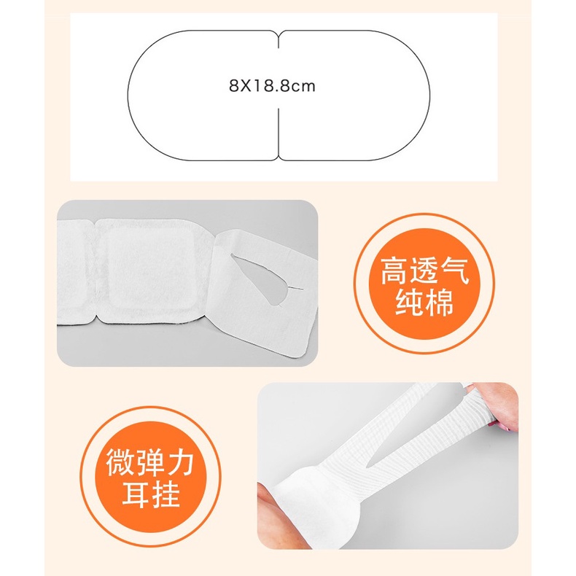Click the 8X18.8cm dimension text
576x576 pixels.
(272, 86)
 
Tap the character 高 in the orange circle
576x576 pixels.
(394, 271)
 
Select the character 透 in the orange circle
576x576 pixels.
(424, 271)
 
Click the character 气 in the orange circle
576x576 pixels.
(454, 271)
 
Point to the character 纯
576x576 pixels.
(410, 302)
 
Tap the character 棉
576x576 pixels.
(440, 302)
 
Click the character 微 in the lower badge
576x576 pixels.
(120, 462)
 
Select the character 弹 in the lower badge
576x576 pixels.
(150, 462)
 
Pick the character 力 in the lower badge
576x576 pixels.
(180, 462)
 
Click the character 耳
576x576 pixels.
(136, 494)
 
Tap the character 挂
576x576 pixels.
(166, 494)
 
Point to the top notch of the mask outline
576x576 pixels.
(279, 39)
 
